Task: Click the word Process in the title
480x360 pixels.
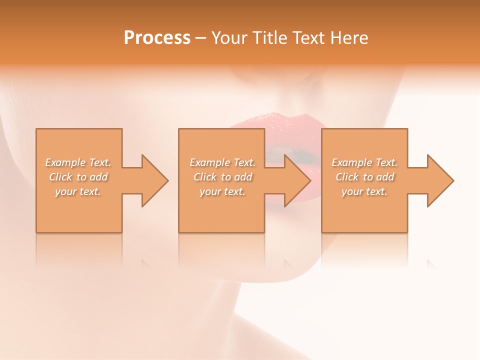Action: tap(157, 38)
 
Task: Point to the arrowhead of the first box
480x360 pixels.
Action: tap(153, 180)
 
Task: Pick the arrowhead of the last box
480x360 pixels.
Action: tap(438, 180)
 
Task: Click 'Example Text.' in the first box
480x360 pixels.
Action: tap(78, 162)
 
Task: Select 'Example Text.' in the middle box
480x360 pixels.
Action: tap(222, 162)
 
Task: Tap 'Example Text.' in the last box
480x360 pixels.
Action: tap(364, 162)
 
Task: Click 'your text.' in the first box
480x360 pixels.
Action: tap(78, 191)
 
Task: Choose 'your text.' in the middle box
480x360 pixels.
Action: tap(222, 191)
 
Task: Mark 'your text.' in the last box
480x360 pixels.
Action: tap(364, 191)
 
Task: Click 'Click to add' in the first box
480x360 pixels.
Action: tap(78, 177)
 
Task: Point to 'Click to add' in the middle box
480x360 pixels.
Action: tap(222, 177)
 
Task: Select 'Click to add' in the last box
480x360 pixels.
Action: tap(364, 177)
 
